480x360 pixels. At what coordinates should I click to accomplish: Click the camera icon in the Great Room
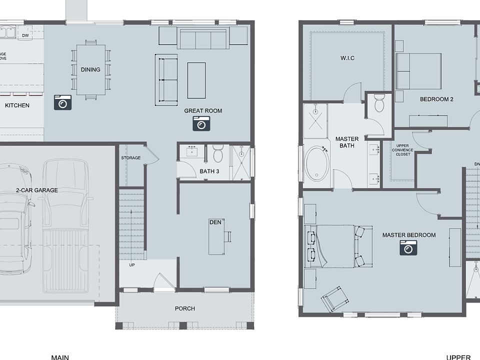[x=201, y=123]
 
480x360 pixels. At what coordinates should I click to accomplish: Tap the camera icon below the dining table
[x=62, y=102]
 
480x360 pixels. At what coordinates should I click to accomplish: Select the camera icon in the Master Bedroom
[x=408, y=247]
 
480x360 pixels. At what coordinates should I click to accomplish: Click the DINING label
[x=90, y=69]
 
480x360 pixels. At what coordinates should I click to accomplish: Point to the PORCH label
[x=184, y=308]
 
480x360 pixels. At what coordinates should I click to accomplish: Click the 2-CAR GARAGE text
[x=36, y=190]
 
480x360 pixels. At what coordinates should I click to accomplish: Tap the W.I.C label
[x=347, y=58]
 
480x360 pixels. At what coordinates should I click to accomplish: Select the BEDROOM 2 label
[x=436, y=99]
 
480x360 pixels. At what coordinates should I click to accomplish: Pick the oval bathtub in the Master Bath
[x=316, y=163]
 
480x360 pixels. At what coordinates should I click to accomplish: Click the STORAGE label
[x=130, y=158]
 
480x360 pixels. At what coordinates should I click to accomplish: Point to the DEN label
[x=215, y=222]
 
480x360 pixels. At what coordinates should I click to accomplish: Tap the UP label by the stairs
[x=132, y=264]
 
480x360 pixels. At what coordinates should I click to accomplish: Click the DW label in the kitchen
[x=25, y=35]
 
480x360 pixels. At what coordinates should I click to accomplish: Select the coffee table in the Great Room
[x=196, y=80]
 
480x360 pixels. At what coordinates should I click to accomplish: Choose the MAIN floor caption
[x=60, y=357]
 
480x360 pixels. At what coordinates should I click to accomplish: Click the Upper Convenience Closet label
[x=402, y=150]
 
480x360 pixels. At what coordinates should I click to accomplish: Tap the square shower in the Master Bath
[x=315, y=120]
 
